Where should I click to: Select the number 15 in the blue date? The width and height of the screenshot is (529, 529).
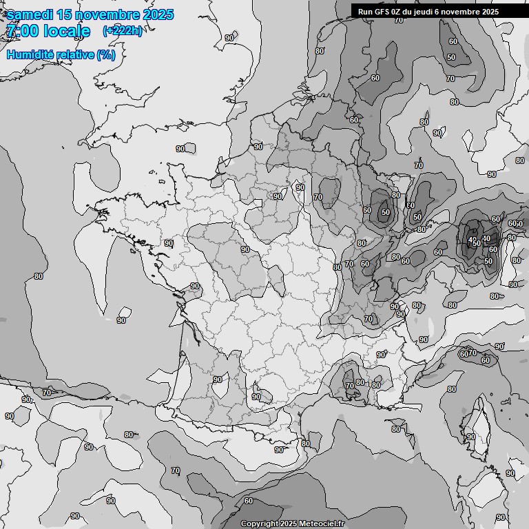point(65,15)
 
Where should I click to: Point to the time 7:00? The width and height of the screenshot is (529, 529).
point(22,31)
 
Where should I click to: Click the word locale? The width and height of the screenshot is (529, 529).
point(67,31)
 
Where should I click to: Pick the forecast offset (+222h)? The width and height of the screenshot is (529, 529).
point(123,31)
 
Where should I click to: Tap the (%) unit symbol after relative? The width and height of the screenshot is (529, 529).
point(106,54)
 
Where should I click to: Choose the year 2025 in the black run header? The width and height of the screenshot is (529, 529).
point(488,12)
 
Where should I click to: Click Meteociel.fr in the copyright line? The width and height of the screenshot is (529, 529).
point(321,524)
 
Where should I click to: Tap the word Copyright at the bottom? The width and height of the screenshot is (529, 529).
point(259,524)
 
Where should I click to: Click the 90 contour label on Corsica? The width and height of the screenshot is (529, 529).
point(470,437)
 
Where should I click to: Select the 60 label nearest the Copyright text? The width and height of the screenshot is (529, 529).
point(248,501)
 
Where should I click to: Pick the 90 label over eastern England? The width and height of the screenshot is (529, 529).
point(229,38)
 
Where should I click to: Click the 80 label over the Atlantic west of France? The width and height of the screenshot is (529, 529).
point(39,276)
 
